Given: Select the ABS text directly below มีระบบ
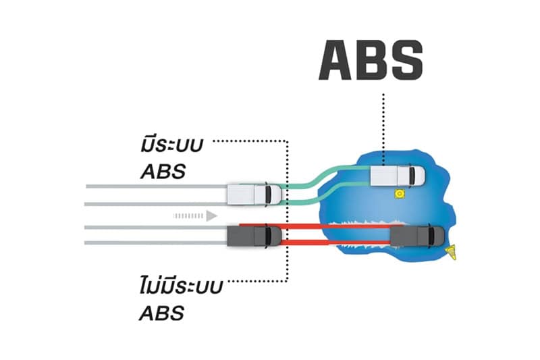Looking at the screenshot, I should pyautogui.click(x=163, y=170).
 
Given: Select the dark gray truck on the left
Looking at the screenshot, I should pyautogui.click(x=254, y=236).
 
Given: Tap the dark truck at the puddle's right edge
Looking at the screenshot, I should pyautogui.click(x=418, y=236).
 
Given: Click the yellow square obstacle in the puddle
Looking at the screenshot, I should pyautogui.click(x=400, y=195).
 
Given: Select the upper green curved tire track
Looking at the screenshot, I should pyautogui.click(x=324, y=173).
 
